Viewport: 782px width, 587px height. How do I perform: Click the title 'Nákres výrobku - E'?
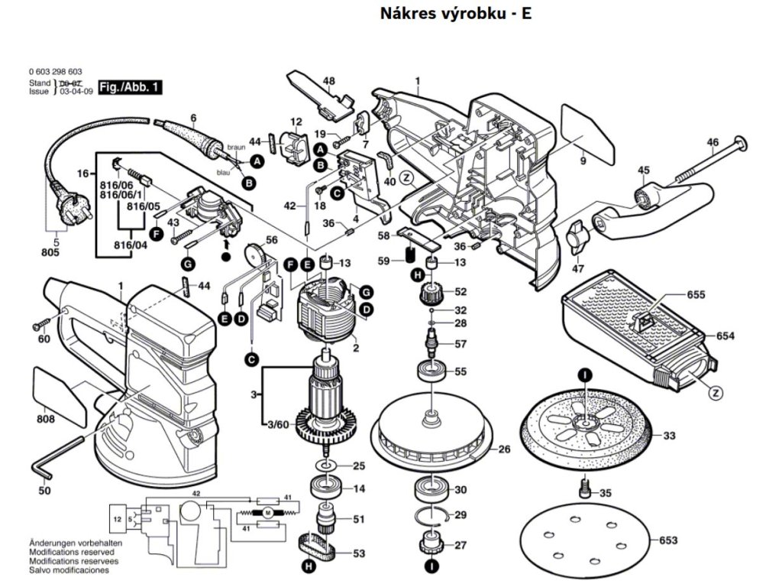click(455, 15)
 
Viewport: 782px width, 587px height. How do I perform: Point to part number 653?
click(667, 540)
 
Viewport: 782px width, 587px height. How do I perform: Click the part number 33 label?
click(669, 436)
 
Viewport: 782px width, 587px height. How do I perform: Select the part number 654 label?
click(725, 336)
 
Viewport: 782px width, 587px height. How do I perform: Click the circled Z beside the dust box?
click(716, 393)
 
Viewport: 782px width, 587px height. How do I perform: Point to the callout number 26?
click(504, 449)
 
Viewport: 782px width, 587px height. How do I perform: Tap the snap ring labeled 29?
click(435, 514)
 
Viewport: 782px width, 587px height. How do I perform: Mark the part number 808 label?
click(45, 419)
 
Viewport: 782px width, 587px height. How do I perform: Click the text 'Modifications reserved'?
click(72, 551)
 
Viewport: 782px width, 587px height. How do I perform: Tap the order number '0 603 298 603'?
click(55, 71)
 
